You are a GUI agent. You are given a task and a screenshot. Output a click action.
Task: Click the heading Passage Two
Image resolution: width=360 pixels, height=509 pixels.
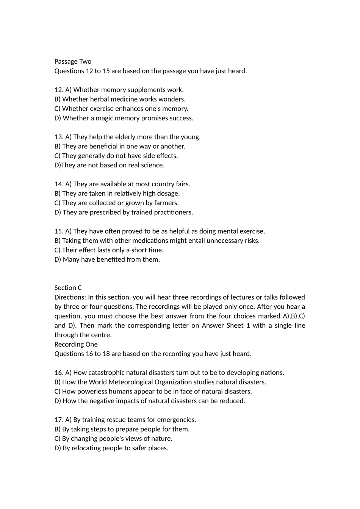pos(73,61)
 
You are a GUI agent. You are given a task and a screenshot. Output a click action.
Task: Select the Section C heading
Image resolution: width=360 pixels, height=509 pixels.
pos(68,288)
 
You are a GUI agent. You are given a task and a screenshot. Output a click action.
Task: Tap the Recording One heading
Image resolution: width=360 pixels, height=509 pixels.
pos(76,344)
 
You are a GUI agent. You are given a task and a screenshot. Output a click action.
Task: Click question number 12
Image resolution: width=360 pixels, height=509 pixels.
pos(59,90)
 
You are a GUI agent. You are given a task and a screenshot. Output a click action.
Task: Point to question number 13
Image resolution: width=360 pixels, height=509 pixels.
pos(59,137)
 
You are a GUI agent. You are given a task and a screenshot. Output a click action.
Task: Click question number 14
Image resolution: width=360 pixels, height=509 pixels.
pos(59,184)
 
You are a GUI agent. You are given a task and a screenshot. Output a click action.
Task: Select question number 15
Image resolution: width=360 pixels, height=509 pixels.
pos(59,231)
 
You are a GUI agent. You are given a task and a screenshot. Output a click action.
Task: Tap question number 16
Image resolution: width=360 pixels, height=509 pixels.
pos(59,373)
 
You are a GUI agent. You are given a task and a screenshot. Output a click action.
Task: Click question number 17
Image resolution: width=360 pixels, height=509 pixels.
pos(59,420)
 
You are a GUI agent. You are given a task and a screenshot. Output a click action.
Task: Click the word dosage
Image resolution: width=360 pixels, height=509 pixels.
pos(169,194)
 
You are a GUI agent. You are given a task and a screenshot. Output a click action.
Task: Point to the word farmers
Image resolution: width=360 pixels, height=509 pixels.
pos(167,203)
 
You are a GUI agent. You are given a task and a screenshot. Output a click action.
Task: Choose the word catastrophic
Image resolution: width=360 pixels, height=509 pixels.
pos(106,373)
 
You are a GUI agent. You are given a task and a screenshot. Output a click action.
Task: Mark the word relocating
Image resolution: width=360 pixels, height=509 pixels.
pos(90,448)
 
